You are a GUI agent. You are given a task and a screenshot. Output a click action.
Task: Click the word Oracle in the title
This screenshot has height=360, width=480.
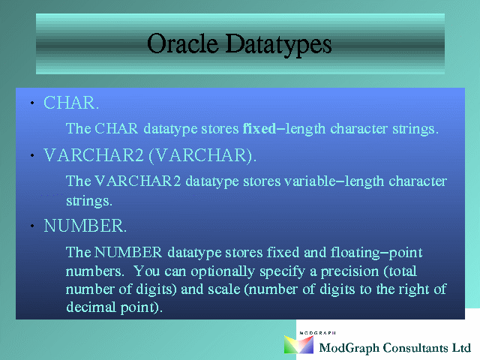click(x=183, y=43)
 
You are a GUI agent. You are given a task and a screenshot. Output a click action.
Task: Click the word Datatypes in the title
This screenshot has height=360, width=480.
click(x=278, y=45)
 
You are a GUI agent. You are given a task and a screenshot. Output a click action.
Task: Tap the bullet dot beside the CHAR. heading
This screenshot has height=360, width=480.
click(x=32, y=103)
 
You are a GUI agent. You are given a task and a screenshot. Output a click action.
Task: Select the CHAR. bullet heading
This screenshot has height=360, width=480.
click(x=71, y=103)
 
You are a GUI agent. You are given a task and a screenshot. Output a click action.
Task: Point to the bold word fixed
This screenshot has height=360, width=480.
click(x=259, y=128)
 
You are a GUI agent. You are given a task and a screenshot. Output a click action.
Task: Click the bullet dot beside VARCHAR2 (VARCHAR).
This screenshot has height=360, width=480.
click(x=32, y=155)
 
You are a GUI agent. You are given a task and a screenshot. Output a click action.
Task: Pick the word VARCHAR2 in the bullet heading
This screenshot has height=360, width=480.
click(x=93, y=155)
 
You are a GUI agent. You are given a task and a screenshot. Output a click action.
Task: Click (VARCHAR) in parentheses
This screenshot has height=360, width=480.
click(x=202, y=155)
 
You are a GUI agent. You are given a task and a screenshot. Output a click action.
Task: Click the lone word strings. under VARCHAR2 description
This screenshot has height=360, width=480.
click(x=89, y=201)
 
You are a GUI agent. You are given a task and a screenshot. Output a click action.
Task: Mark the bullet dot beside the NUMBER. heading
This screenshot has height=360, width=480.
click(x=32, y=226)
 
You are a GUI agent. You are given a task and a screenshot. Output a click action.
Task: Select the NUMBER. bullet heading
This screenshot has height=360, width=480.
click(x=85, y=226)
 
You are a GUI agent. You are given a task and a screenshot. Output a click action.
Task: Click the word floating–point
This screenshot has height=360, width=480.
click(x=376, y=253)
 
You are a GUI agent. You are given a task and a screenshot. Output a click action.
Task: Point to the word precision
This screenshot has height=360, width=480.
click(x=349, y=271)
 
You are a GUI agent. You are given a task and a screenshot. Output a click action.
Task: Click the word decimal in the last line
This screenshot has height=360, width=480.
click(x=91, y=307)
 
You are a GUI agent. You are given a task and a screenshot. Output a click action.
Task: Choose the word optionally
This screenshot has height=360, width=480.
click(x=223, y=271)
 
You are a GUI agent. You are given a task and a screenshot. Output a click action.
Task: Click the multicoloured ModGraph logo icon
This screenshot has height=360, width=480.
click(x=298, y=344)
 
